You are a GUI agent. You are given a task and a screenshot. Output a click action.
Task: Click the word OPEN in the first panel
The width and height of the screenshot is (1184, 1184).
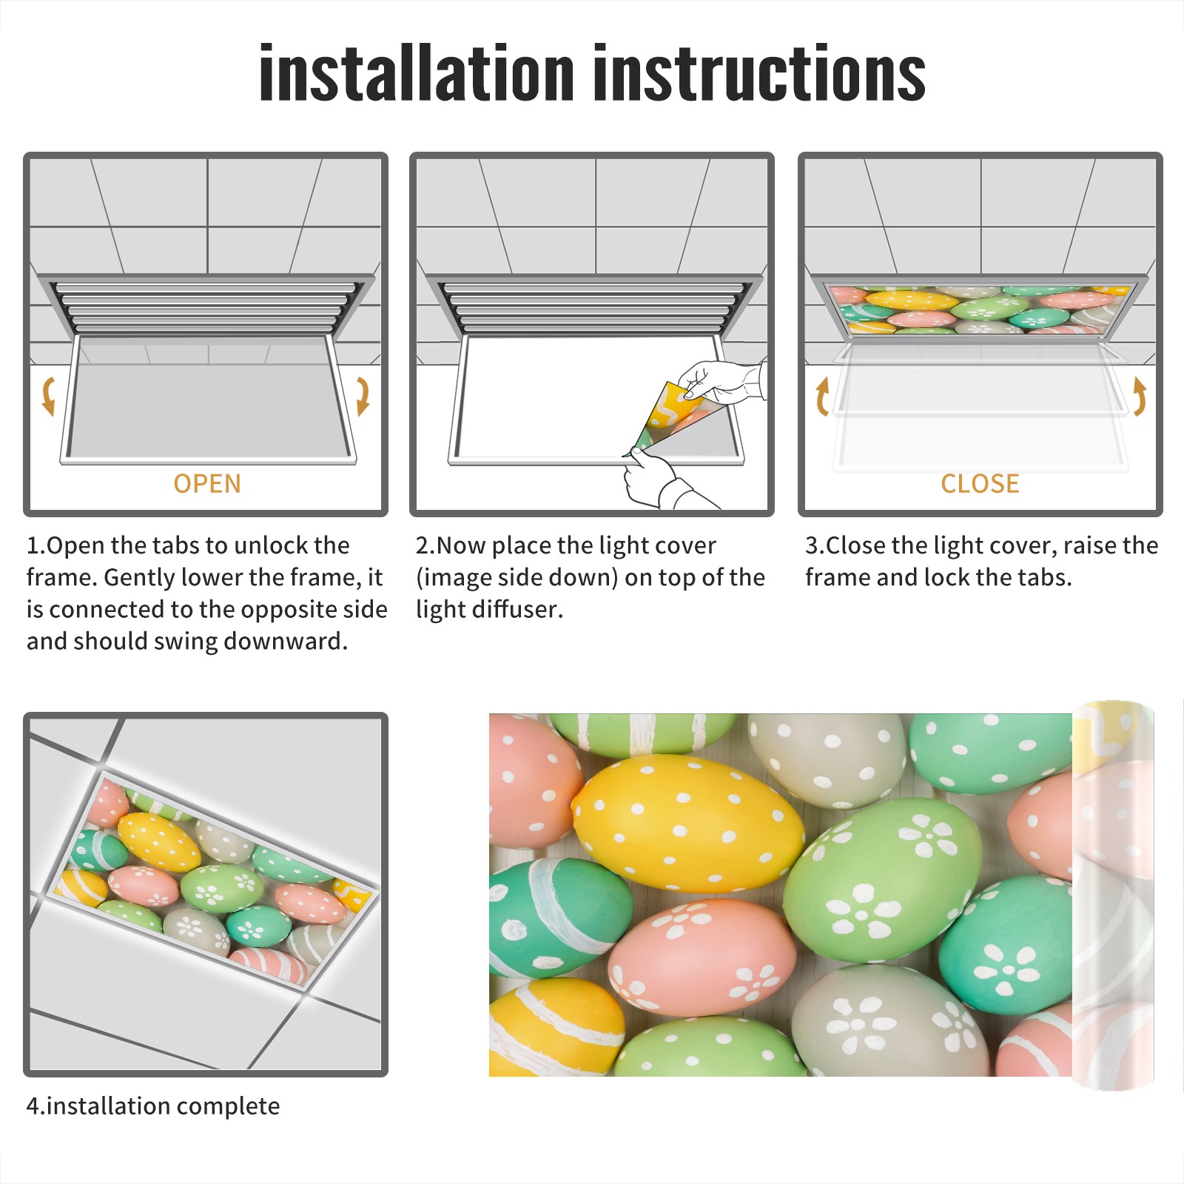tap(207, 483)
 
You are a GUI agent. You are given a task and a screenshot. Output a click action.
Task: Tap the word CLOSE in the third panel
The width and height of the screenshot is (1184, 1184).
tap(980, 483)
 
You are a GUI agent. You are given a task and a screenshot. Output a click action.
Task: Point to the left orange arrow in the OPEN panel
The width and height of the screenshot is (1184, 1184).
tap(47, 396)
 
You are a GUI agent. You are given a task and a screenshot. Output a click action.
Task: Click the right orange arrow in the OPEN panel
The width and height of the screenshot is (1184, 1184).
tap(363, 396)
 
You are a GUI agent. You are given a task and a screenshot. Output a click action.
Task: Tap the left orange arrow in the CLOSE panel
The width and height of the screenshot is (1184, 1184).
tap(821, 396)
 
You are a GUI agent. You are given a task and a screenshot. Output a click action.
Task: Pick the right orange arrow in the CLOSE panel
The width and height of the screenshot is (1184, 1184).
tap(1140, 396)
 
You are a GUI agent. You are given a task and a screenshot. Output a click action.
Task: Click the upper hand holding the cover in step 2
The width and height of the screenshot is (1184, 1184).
tap(721, 382)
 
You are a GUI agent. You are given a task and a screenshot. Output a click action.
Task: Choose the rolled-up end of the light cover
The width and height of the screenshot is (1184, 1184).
tap(1113, 895)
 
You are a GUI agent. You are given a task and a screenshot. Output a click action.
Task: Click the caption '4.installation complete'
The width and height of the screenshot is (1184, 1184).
tap(153, 1106)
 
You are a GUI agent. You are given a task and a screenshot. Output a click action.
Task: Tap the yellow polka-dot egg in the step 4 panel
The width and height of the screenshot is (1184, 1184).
tap(158, 841)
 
